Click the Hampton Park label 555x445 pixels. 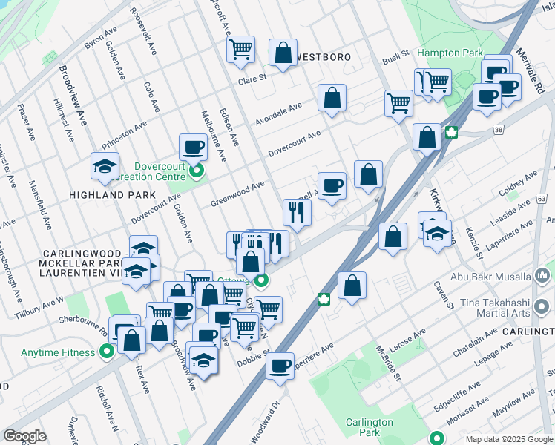pos(450,53)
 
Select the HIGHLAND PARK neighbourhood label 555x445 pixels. pos(102,194)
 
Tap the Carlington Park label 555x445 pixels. pos(369,426)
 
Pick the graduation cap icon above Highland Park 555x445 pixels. pos(105,166)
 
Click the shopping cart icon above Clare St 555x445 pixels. pos(240,50)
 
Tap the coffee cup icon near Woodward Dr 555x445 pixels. pos(280,366)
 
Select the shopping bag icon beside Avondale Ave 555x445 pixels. pos(332,99)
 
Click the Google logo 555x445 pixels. pos(25,436)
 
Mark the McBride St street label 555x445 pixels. pos(389,363)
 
